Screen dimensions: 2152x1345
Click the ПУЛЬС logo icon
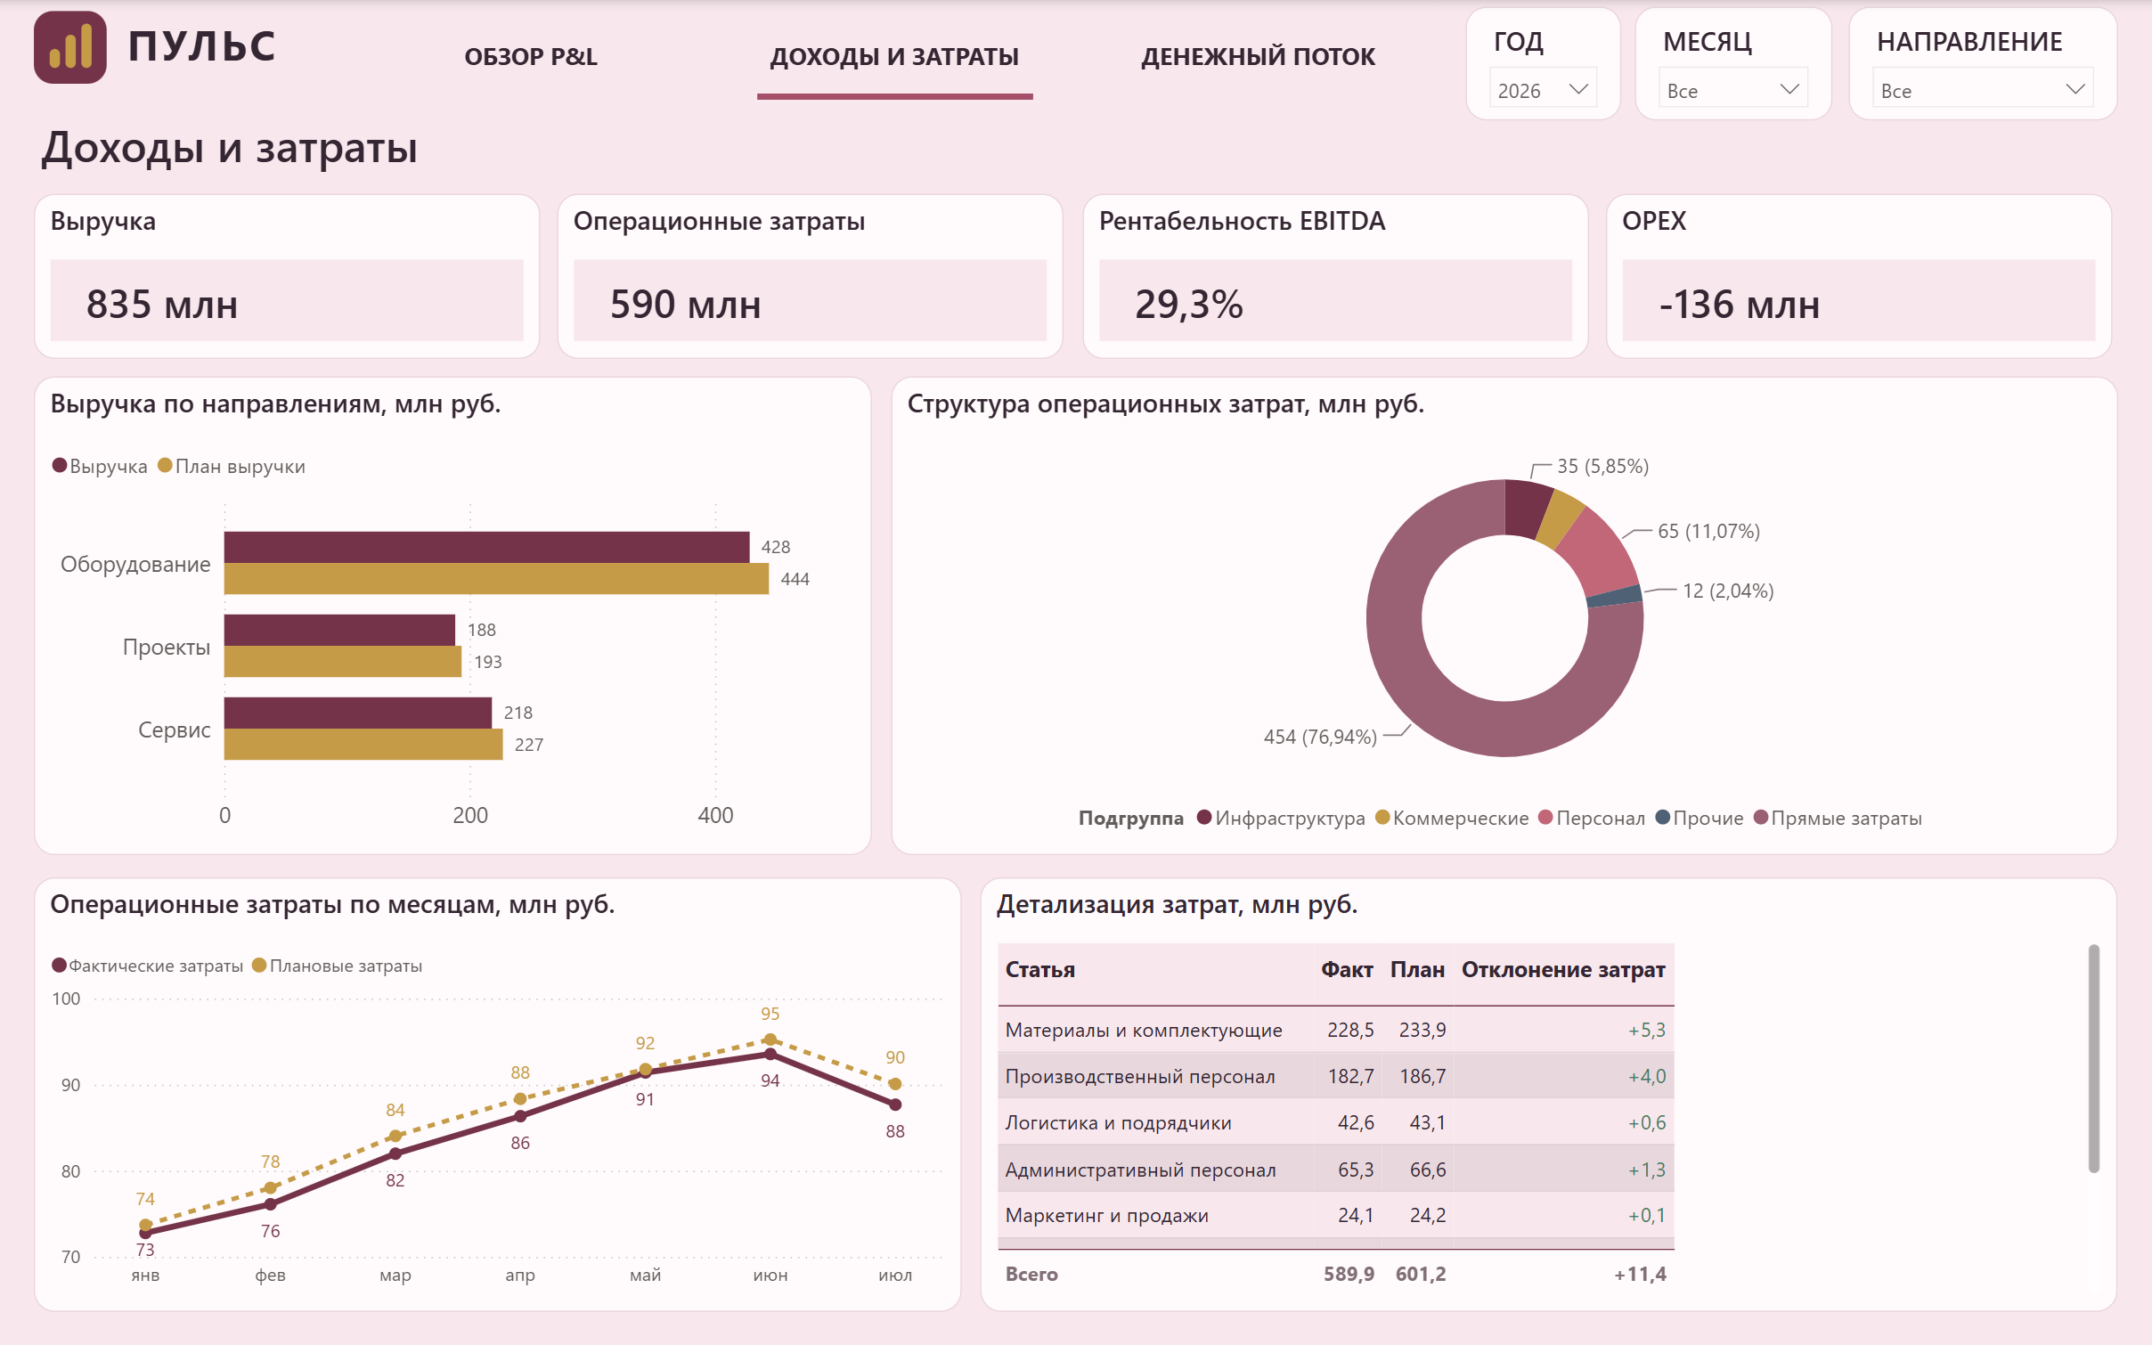click(70, 47)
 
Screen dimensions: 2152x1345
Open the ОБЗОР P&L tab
click(531, 57)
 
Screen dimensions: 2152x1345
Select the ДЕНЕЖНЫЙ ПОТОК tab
click(1258, 57)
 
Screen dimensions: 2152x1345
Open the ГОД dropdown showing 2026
click(1543, 90)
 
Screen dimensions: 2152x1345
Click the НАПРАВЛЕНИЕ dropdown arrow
click(2075, 89)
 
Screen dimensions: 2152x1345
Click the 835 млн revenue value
click(162, 305)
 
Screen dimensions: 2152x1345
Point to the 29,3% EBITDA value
click(1188, 305)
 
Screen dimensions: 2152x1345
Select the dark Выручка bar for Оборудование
click(486, 547)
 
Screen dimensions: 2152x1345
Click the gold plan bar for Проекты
click(342, 662)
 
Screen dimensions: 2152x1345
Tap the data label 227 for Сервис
click(529, 745)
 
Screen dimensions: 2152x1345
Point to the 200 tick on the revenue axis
click(469, 815)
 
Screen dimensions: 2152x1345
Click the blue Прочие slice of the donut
click(1615, 596)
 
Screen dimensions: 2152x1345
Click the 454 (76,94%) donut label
click(1320, 737)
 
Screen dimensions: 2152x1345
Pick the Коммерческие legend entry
click(1453, 818)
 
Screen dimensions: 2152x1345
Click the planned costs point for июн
click(770, 1039)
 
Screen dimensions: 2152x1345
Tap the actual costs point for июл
click(895, 1105)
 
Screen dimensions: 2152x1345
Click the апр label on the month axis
click(520, 1276)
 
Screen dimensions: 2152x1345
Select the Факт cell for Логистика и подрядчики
click(1356, 1122)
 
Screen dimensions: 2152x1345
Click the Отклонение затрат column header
click(1563, 969)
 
